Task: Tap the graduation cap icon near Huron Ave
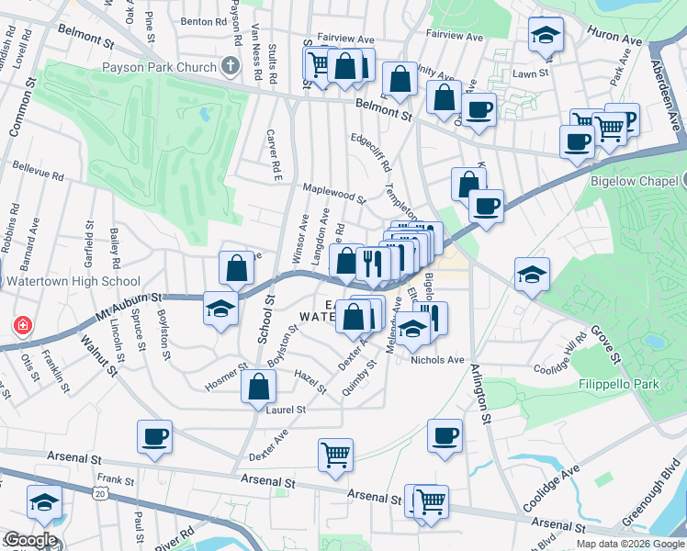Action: pyautogui.click(x=546, y=36)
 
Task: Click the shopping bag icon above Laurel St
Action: pyautogui.click(x=259, y=387)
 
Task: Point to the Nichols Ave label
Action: pyautogui.click(x=438, y=360)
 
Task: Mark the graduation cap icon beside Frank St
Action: pyautogui.click(x=43, y=503)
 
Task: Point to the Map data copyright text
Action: pyautogui.click(x=630, y=544)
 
